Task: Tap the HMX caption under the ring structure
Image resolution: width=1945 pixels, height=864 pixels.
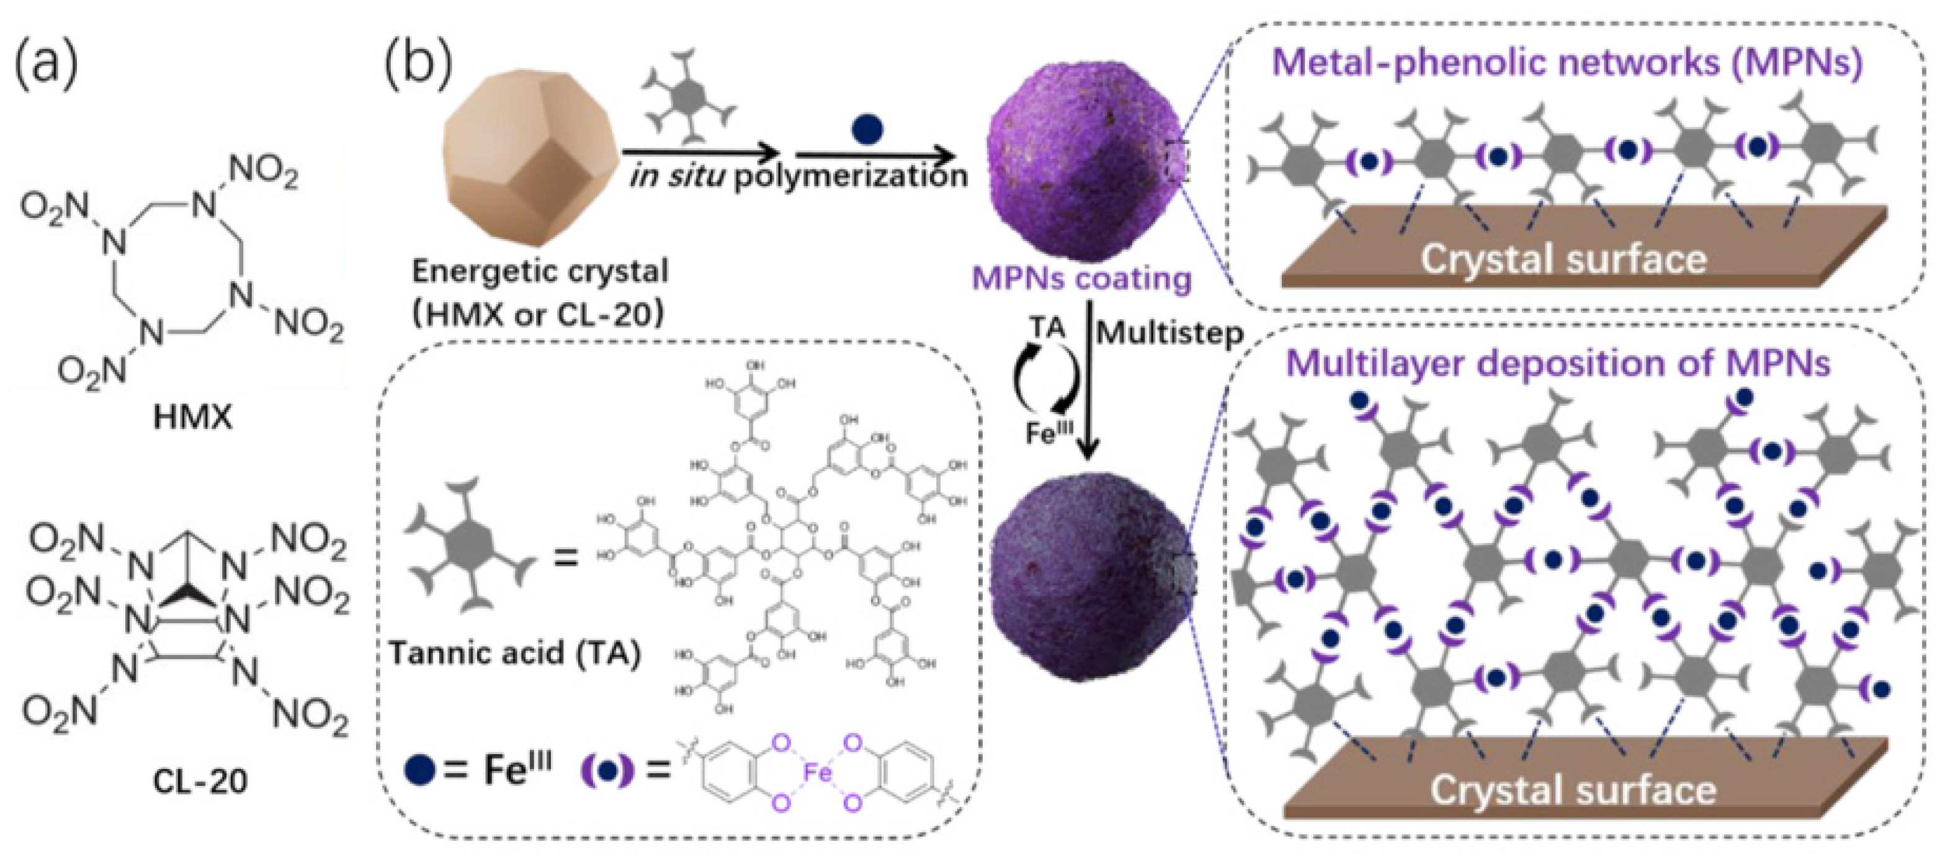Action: (x=192, y=417)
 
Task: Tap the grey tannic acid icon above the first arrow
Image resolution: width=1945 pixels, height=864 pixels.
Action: (x=687, y=96)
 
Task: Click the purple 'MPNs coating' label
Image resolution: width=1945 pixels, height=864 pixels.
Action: (x=1081, y=279)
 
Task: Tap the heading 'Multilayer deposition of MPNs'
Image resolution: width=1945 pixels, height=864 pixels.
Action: (x=1558, y=363)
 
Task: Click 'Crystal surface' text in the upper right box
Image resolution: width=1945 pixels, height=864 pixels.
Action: (x=1563, y=259)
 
